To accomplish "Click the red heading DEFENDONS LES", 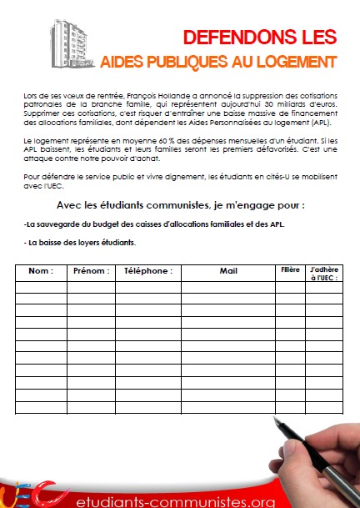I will [260, 37].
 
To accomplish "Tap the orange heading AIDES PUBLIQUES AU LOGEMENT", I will [217, 62].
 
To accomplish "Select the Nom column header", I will [40, 271].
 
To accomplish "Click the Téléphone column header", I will [147, 271].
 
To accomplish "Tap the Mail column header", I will [228, 271].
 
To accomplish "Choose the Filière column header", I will [288, 270].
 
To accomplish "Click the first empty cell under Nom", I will [40, 288].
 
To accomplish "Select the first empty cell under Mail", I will [228, 288].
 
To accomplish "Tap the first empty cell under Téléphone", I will [147, 288].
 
